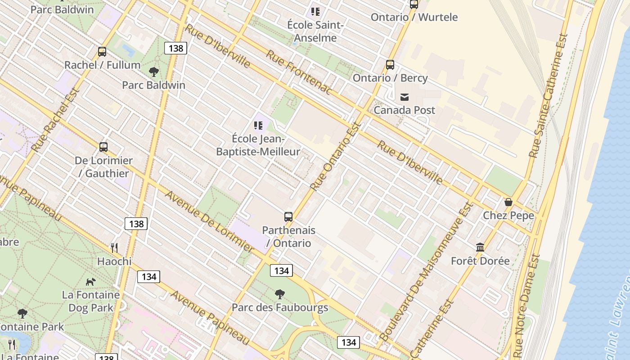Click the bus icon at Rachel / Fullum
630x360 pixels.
tap(102, 52)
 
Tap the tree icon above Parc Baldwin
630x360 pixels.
tap(153, 72)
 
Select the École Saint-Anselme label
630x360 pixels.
tap(315, 31)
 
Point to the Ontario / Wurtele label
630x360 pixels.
tap(414, 17)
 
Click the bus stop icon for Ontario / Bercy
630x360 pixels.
tap(390, 65)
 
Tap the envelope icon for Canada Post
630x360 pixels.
tap(405, 97)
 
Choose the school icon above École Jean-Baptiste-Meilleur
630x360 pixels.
tap(258, 125)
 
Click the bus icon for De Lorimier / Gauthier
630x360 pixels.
tap(103, 147)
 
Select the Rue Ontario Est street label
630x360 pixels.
tap(336, 156)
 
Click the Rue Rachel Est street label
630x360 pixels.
tap(56, 120)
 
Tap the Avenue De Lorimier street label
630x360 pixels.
tap(210, 221)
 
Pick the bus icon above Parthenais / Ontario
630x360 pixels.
tap(288, 217)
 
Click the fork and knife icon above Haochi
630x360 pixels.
tap(114, 248)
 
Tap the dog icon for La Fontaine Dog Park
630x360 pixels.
tap(91, 282)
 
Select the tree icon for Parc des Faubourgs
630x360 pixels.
tap(280, 295)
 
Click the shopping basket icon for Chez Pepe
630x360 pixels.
tap(508, 202)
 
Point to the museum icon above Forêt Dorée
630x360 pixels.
tap(480, 247)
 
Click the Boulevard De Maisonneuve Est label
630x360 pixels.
tap(427, 271)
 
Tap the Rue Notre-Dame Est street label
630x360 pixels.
tap(526, 306)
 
